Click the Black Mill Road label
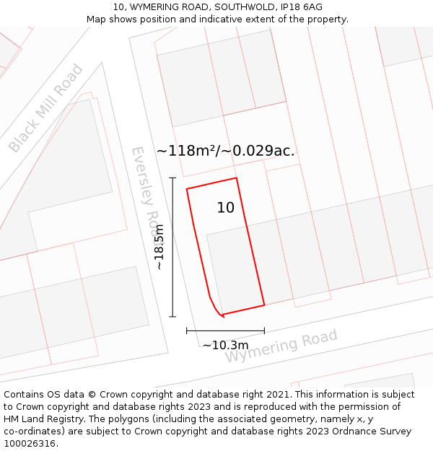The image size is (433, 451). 45,108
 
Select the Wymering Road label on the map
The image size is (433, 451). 281,347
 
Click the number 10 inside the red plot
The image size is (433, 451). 226,208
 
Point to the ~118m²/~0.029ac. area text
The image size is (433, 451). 226,151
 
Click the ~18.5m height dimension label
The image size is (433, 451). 159,247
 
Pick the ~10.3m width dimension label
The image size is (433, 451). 225,345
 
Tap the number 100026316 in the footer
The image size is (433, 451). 30,443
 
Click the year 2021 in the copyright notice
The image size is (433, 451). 278,394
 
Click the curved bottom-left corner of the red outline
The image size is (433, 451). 215,308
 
